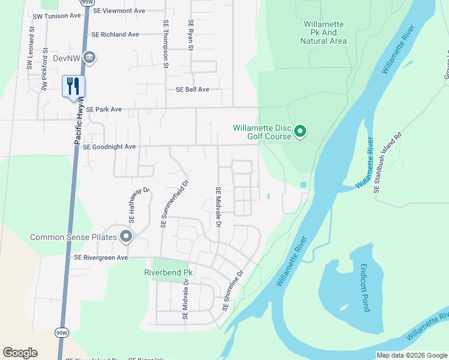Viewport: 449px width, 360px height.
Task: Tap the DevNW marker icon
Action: tap(90, 58)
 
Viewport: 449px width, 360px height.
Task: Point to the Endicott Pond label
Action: tap(364, 287)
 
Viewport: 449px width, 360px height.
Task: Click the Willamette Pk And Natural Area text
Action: tap(324, 32)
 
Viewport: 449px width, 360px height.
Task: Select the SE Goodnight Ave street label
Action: tap(109, 146)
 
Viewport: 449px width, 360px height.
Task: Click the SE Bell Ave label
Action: tap(192, 89)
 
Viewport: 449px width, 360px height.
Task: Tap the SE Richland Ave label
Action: tap(115, 35)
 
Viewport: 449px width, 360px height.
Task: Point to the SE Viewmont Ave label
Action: tap(119, 11)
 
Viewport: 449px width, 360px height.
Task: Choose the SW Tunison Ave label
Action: tap(57, 16)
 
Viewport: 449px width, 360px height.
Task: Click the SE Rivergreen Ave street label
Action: tap(101, 257)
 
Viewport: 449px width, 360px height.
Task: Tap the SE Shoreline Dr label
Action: tap(233, 290)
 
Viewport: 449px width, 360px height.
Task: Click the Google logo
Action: tap(20, 353)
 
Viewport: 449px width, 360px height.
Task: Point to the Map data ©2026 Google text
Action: tap(411, 355)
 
